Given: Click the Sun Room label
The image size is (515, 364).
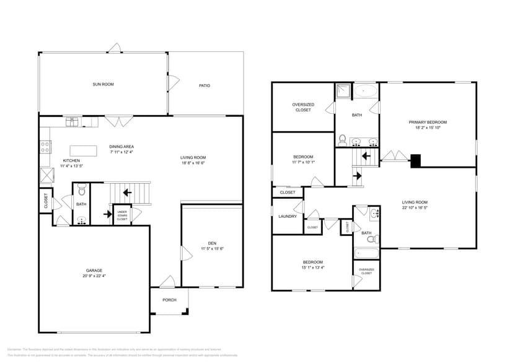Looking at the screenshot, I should click(x=103, y=84).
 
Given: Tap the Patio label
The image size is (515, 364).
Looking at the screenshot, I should click(x=204, y=85).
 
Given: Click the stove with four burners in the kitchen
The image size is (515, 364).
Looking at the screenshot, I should click(x=45, y=147).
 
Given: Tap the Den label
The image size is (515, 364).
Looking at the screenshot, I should click(x=212, y=243).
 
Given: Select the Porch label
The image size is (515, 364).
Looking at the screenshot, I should click(x=169, y=300).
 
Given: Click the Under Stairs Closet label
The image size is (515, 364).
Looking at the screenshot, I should click(x=122, y=215).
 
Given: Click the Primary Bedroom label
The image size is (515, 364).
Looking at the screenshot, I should click(x=428, y=122).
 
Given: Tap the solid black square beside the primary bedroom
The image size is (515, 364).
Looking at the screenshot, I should click(x=416, y=160).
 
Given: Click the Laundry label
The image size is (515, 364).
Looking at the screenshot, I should click(x=288, y=217).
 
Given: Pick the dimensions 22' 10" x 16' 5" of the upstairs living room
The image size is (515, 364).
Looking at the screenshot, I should click(x=428, y=208).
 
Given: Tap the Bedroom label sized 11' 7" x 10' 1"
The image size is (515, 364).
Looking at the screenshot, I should click(x=303, y=157).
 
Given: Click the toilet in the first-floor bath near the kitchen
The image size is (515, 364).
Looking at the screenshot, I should click(x=81, y=192).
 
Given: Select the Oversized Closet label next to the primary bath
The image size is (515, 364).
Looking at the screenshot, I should click(x=303, y=107).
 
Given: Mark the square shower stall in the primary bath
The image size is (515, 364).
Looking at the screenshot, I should click(x=343, y=92).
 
